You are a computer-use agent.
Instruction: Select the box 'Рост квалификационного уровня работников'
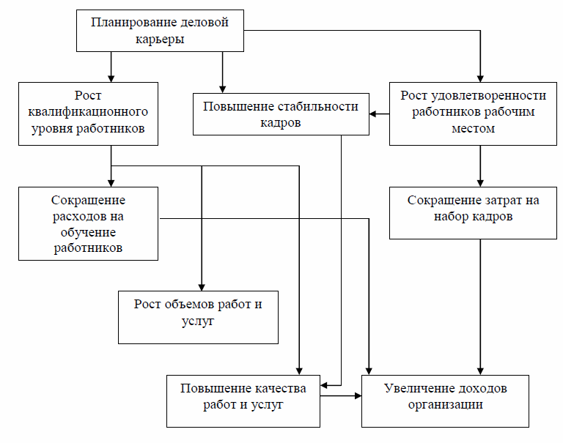[89, 112]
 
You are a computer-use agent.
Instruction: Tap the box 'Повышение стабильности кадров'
[281, 114]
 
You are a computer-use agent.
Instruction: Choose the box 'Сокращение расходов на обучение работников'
[89, 223]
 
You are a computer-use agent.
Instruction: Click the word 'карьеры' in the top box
[160, 40]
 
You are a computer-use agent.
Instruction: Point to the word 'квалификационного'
[88, 112]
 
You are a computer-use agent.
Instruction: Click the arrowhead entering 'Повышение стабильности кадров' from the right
[374, 114]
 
